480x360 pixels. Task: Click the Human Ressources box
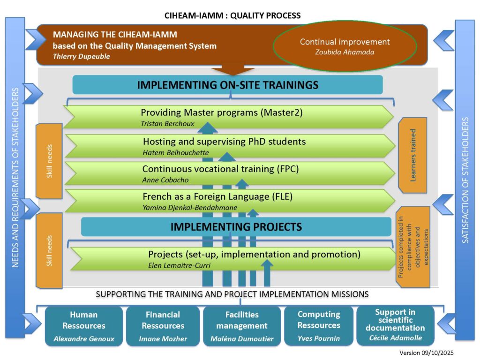[x=84, y=326]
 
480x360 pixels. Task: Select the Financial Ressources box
[x=163, y=326]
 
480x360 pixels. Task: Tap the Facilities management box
[x=241, y=326]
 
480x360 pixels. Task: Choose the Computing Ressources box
[x=319, y=326]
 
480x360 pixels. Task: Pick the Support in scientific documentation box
[x=396, y=326]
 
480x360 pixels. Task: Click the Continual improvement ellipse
[x=345, y=45]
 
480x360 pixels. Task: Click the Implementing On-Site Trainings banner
[x=228, y=85]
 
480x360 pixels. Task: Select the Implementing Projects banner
[x=236, y=227]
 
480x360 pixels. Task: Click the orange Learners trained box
[x=412, y=155]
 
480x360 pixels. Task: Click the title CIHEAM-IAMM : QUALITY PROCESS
[x=232, y=15]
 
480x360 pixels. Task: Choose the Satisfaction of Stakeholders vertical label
[x=465, y=180]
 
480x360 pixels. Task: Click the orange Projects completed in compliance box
[x=412, y=247]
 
